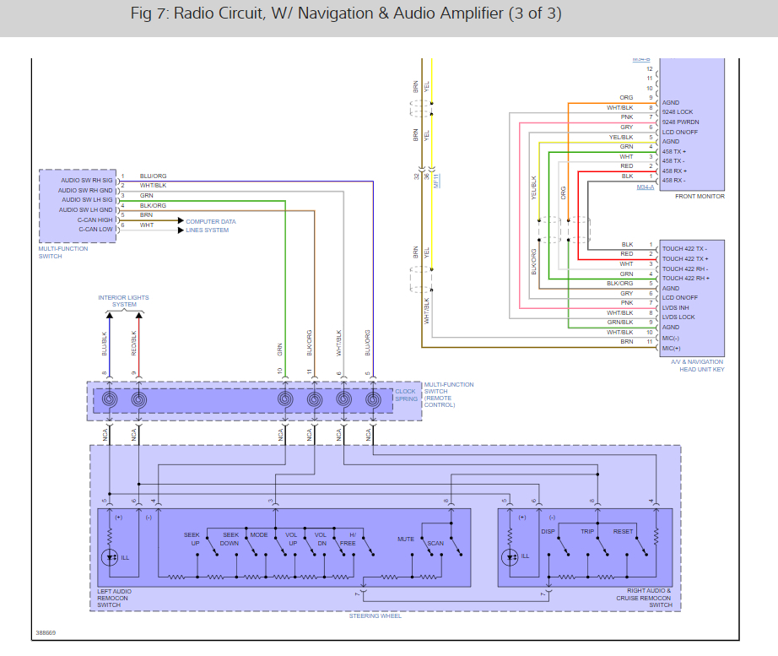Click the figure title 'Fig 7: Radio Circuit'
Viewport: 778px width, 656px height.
[346, 14]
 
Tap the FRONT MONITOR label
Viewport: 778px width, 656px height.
[700, 196]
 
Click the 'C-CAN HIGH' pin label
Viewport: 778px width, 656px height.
[95, 220]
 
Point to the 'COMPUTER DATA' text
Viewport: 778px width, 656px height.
[210, 221]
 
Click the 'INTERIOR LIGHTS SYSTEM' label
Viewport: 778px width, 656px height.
[123, 301]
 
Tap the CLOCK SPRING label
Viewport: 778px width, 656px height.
[406, 394]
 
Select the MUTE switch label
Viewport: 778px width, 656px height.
[406, 539]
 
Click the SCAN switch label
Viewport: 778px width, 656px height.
[435, 544]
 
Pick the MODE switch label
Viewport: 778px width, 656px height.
[259, 535]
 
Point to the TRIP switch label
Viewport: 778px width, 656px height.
[587, 532]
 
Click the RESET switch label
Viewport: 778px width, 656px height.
[623, 532]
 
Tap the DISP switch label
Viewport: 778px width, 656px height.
[548, 532]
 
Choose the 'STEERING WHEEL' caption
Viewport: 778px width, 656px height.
[375, 616]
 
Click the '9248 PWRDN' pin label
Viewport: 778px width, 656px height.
[680, 122]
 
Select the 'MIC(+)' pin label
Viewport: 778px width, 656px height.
[671, 347]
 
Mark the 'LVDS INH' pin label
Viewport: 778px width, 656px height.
[676, 307]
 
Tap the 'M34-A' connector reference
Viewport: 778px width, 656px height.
[648, 187]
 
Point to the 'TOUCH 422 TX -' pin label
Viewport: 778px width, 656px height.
[684, 248]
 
